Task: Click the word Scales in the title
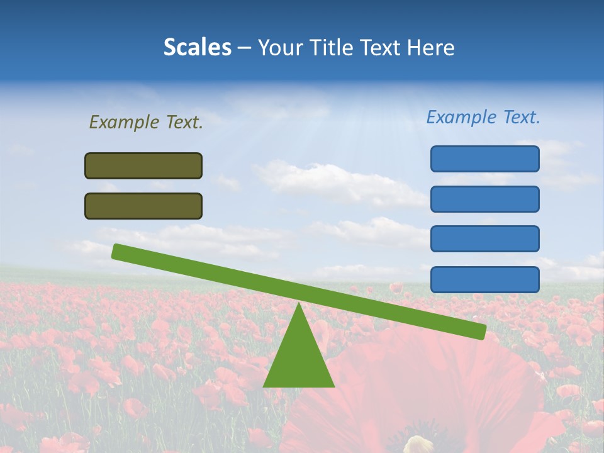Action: [197, 47]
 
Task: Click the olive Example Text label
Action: [146, 122]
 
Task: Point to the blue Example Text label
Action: [483, 117]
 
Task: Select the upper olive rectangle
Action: [143, 165]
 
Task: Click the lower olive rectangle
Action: [143, 206]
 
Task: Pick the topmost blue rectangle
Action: [484, 159]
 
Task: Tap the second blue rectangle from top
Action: [484, 199]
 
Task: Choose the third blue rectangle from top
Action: [484, 238]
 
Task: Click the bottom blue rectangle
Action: [484, 279]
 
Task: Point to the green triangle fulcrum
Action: [298, 359]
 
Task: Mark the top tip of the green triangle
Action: [299, 304]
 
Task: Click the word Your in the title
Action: [279, 47]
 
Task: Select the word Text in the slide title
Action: [379, 47]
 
